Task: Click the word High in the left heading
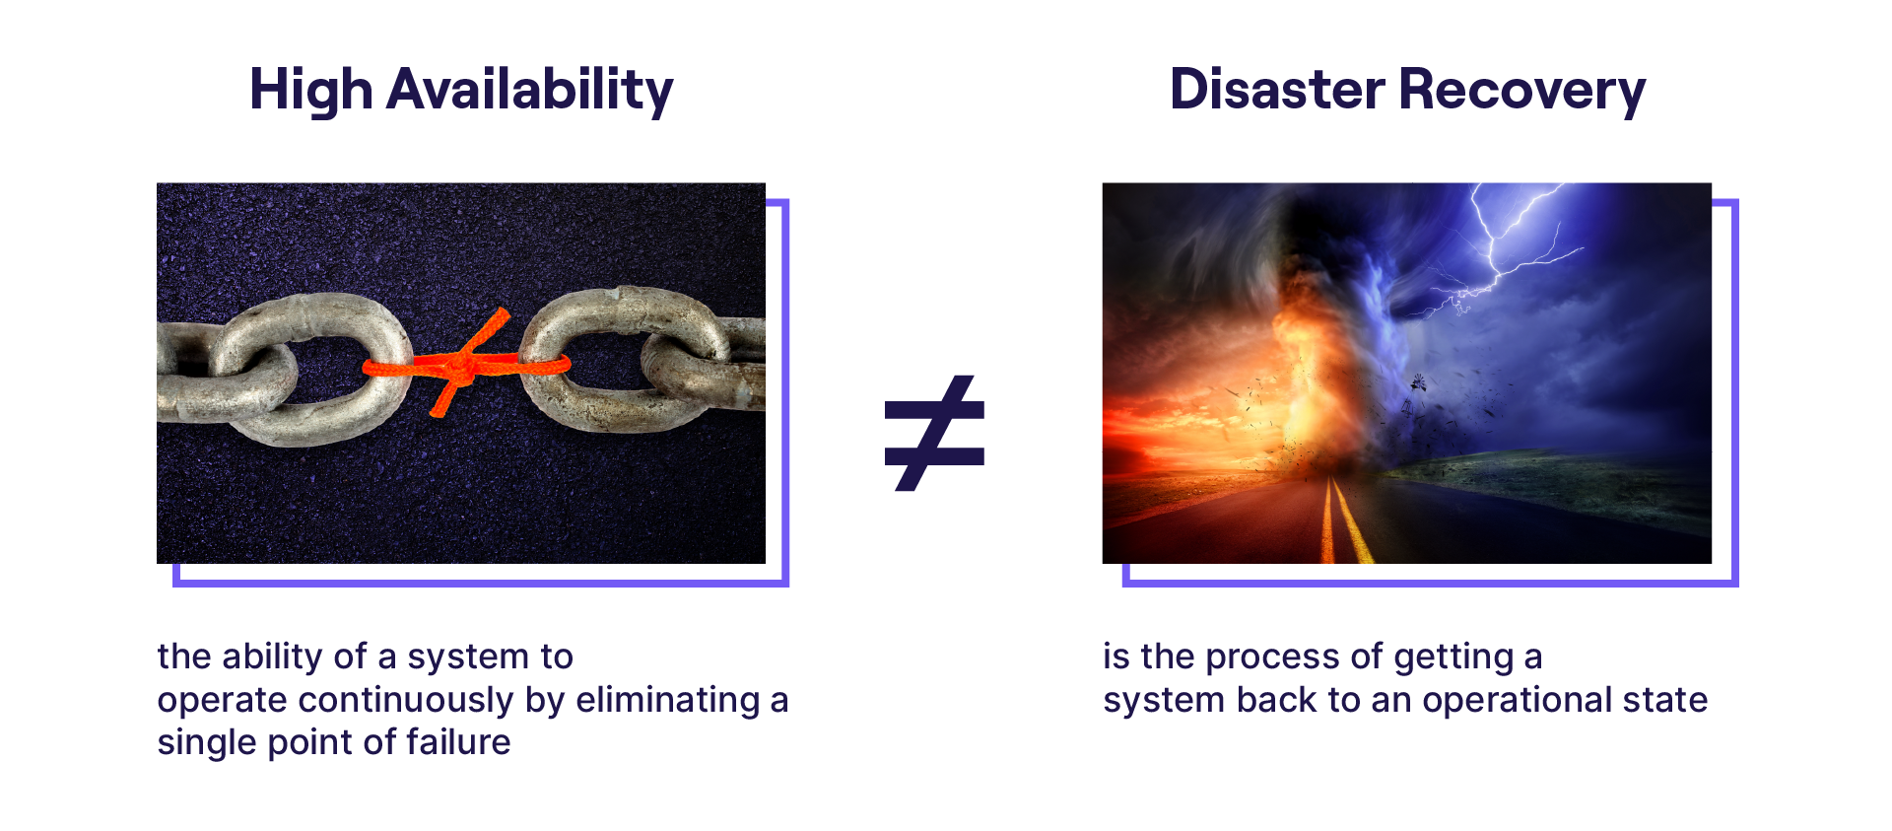[x=311, y=91]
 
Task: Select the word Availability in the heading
[x=530, y=91]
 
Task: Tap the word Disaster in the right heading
[x=1277, y=89]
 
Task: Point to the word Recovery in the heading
[x=1522, y=91]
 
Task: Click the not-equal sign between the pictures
[x=934, y=433]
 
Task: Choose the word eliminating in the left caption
[x=668, y=700]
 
